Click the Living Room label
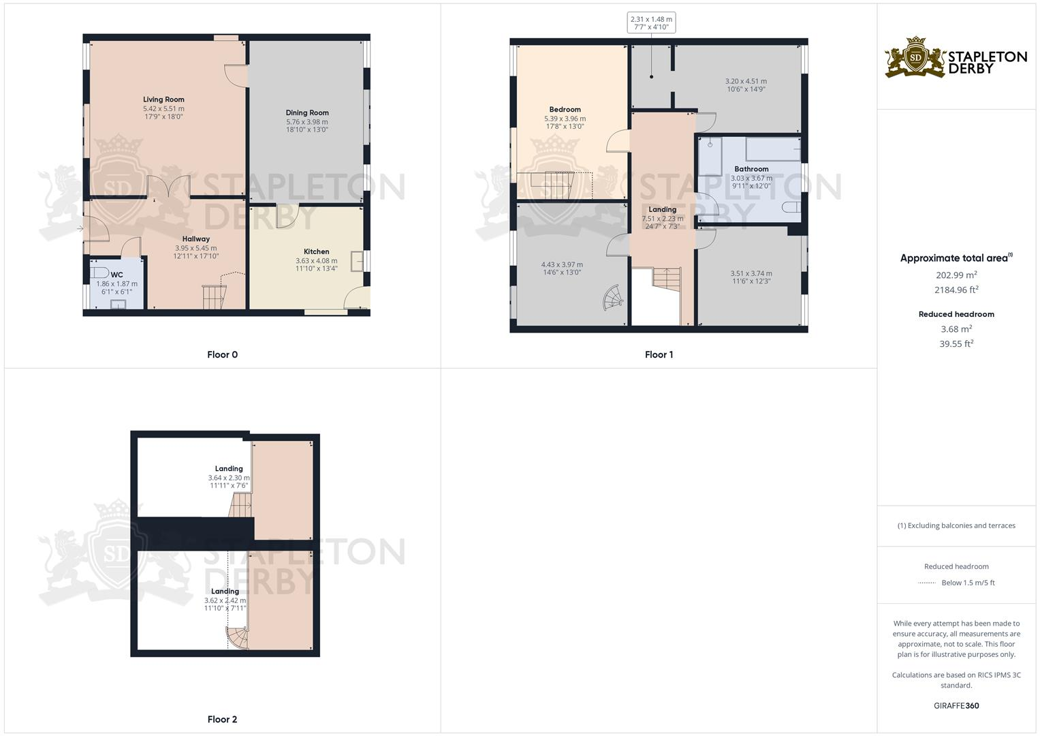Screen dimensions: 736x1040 (163, 99)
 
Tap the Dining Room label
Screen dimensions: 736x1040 (307, 113)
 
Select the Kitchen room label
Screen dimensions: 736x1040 (316, 251)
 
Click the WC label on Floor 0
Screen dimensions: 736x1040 (116, 275)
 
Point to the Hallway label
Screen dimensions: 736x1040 (195, 239)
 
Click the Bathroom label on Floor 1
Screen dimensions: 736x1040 (751, 169)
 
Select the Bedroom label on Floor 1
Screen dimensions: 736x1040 (565, 110)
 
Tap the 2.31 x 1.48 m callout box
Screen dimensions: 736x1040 (651, 23)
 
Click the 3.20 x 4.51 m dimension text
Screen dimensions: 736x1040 (746, 81)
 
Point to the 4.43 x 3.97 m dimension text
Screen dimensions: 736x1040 (562, 264)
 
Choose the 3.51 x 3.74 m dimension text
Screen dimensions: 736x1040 (751, 273)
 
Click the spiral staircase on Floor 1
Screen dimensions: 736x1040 (613, 298)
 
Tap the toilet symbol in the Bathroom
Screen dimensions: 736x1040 (791, 207)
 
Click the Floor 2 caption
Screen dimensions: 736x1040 (222, 719)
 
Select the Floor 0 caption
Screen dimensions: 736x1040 (222, 354)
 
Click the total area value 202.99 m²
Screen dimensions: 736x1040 (956, 275)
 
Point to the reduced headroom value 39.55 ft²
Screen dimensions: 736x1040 (956, 344)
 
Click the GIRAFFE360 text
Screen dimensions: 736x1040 (956, 705)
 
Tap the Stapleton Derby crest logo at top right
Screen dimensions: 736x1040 (915, 58)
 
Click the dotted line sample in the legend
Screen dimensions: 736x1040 (927, 583)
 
